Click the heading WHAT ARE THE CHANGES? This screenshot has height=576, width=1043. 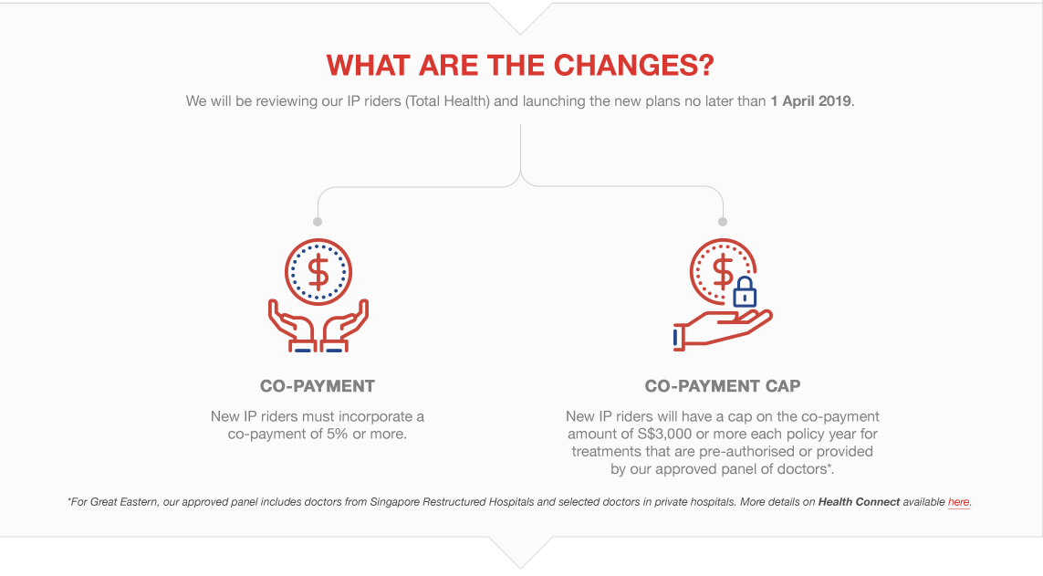520,65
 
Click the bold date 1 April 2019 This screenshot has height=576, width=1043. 811,101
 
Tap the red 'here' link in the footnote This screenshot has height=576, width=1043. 958,501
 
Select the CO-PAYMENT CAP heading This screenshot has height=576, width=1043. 723,386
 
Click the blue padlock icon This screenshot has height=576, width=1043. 745,291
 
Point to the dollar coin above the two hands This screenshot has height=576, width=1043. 318,272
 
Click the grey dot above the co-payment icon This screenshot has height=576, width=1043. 318,222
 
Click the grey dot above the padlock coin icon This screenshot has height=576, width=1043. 723,222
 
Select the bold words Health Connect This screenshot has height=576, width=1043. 859,501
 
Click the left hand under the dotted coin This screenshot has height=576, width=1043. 291,326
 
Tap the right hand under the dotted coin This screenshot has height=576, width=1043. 345,326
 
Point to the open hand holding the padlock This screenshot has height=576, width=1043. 722,329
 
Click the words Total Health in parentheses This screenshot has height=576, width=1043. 447,101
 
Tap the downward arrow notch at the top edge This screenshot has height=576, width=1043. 521,18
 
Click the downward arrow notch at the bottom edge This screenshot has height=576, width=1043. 521,552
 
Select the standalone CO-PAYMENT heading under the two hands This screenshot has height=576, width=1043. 318,386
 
